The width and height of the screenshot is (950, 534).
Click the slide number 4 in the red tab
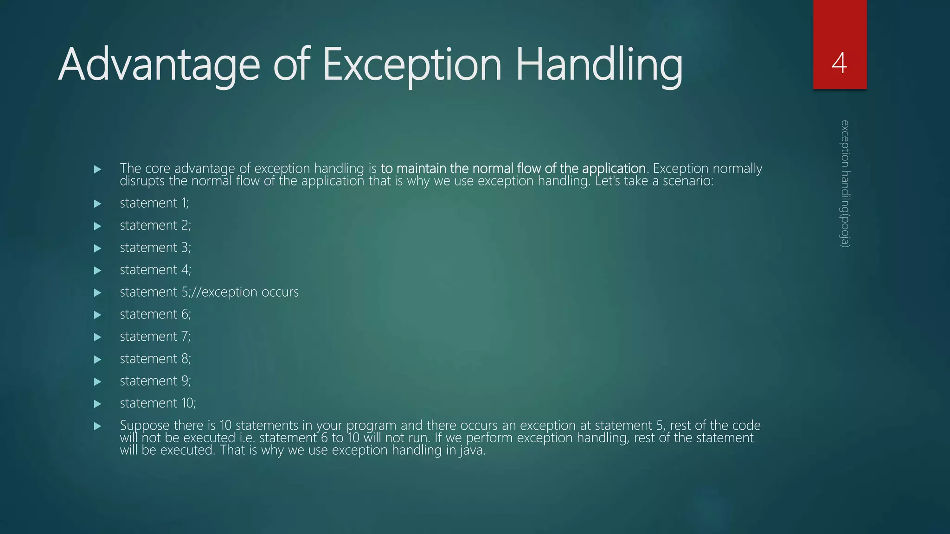[x=839, y=64]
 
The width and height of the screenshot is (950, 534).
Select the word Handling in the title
[x=598, y=65]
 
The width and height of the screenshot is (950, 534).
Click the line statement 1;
[x=154, y=203]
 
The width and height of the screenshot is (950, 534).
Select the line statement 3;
[x=155, y=248]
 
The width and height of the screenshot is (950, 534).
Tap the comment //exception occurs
[x=250, y=292]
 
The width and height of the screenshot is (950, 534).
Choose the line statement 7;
[x=155, y=337]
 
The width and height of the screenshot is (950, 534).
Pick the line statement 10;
[x=158, y=403]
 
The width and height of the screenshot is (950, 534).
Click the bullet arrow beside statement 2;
[x=97, y=226]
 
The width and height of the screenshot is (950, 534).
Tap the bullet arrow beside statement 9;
[x=97, y=382]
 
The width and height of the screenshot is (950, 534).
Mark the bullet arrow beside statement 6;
[x=97, y=315]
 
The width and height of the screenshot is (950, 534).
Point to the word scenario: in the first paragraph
[x=688, y=181]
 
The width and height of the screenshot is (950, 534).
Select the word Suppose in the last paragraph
[x=145, y=426]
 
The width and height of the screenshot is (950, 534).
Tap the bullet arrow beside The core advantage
[x=97, y=169]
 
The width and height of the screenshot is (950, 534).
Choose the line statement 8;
[x=155, y=359]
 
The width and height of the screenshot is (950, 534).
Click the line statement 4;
[x=155, y=270]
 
